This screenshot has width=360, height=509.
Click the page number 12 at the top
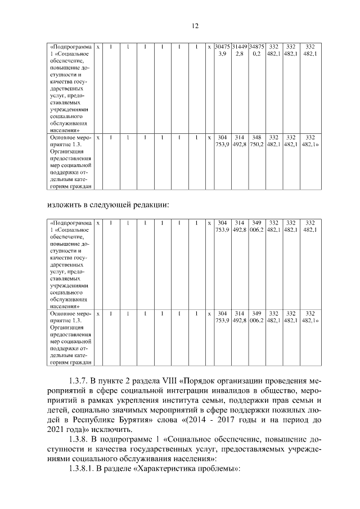(x=194, y=26)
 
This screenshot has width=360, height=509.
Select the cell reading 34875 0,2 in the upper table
(x=256, y=49)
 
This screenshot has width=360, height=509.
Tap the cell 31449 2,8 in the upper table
(x=240, y=49)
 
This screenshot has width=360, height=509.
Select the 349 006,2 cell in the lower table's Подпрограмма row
(x=256, y=226)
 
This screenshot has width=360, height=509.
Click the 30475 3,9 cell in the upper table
(x=222, y=49)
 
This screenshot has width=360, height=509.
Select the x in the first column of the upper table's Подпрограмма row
(x=98, y=46)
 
